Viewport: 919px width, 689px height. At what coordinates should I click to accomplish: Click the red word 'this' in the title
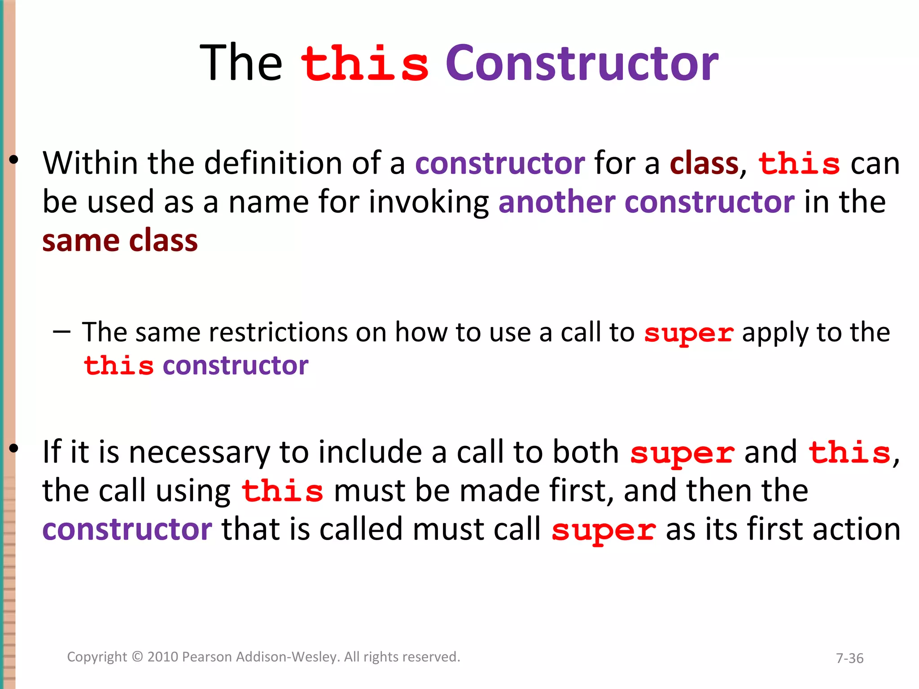tap(364, 64)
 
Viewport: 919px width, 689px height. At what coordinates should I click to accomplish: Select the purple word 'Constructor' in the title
tap(582, 64)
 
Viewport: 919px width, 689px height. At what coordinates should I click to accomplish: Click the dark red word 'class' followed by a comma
tap(704, 163)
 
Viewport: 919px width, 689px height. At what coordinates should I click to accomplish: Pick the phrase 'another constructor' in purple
tap(646, 202)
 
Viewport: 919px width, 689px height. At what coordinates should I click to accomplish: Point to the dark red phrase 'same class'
tap(120, 241)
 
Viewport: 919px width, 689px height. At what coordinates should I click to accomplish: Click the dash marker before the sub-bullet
tap(61, 332)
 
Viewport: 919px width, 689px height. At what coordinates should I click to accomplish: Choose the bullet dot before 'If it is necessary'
tap(14, 448)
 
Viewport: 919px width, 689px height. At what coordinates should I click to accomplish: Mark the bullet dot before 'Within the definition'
tap(14, 159)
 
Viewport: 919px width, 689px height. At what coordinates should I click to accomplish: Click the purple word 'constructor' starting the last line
tap(127, 530)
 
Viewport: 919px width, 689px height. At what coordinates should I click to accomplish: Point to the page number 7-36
tap(849, 658)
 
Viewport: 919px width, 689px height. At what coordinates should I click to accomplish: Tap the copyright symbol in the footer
tap(137, 657)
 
